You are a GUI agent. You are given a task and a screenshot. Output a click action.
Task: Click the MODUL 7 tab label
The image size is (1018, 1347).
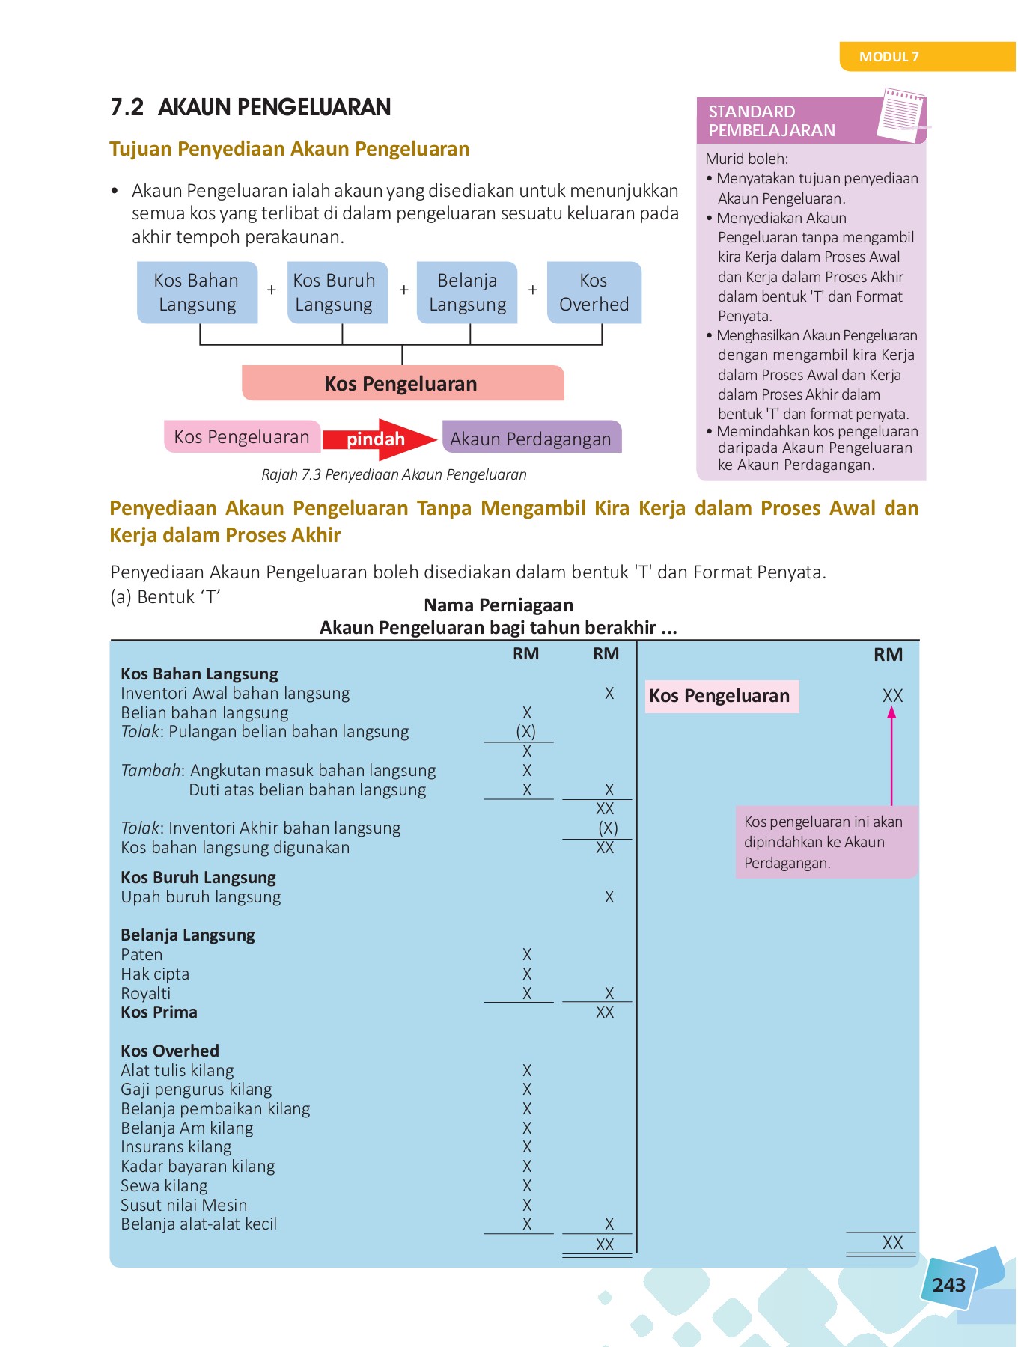click(x=889, y=57)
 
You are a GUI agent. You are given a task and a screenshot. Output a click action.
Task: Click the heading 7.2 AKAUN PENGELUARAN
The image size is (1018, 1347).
click(x=250, y=107)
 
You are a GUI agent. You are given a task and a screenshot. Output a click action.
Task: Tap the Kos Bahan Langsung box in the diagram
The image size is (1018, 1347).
click(x=197, y=293)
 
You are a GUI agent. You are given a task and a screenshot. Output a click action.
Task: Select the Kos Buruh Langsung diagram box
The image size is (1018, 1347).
click(x=335, y=293)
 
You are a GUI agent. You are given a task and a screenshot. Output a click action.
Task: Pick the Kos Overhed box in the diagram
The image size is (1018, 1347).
click(x=594, y=293)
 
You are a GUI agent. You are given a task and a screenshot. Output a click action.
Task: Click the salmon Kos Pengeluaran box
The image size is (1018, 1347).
click(x=402, y=384)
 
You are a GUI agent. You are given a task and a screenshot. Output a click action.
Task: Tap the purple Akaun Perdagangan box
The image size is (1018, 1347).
click(x=531, y=439)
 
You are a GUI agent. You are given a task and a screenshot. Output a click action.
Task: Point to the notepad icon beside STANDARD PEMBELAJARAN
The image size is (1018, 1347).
click(x=902, y=116)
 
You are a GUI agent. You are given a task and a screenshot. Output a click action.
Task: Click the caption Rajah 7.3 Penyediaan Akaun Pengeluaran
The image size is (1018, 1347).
click(x=394, y=474)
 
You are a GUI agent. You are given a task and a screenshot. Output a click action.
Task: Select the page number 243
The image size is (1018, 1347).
click(x=948, y=1285)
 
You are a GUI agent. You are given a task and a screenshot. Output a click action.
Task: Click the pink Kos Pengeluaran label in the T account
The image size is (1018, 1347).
click(x=720, y=696)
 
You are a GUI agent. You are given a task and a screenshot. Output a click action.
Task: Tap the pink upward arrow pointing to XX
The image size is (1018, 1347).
click(x=891, y=756)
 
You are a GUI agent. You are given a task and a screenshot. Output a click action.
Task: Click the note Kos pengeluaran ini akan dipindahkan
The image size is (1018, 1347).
click(x=825, y=842)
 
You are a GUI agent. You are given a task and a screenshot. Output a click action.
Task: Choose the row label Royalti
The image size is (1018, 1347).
click(x=146, y=993)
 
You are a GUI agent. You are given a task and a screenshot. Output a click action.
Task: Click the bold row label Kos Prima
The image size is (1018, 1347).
click(x=159, y=1012)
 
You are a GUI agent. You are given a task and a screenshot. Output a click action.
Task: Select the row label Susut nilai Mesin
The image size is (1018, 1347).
click(x=184, y=1205)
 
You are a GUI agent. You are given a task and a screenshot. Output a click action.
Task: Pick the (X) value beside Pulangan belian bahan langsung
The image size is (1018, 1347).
click(x=526, y=732)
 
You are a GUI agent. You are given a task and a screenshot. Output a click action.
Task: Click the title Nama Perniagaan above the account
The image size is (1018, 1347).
click(x=499, y=605)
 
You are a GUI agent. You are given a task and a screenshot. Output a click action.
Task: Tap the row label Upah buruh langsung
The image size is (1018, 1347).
click(x=201, y=897)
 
